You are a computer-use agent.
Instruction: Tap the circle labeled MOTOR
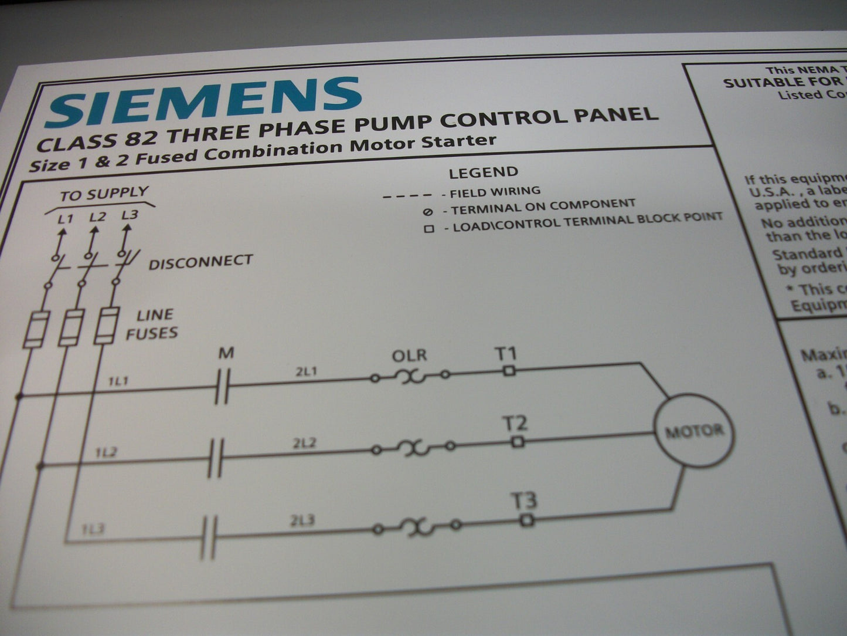click(694, 431)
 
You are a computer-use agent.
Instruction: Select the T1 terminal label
click(506, 354)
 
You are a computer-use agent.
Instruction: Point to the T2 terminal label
click(514, 423)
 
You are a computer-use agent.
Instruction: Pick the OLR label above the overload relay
click(409, 356)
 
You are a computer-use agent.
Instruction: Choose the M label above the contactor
click(226, 353)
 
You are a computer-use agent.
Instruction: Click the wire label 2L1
click(306, 371)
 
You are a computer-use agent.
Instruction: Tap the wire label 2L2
click(304, 444)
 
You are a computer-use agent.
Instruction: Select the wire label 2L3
click(302, 520)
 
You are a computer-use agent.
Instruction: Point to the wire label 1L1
click(118, 381)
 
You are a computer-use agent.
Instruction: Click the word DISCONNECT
click(200, 262)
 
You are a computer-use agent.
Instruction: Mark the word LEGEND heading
click(484, 172)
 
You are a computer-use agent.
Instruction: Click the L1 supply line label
click(65, 219)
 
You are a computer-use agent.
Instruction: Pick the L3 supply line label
click(130, 215)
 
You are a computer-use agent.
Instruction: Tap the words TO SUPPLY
click(104, 194)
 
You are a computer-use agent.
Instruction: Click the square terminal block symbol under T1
click(509, 370)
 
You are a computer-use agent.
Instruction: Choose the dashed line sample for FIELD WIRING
click(407, 195)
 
